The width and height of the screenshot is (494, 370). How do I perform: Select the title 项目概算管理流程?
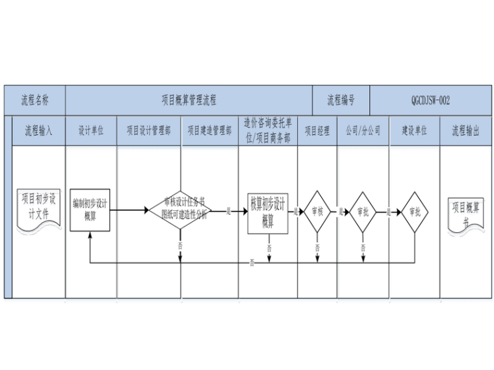pyautogui.click(x=188, y=101)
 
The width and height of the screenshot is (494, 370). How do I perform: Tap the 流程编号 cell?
pyautogui.click(x=341, y=101)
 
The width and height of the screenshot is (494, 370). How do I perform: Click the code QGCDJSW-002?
pyautogui.click(x=430, y=101)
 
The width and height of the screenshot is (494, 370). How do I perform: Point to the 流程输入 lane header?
pyautogui.click(x=38, y=130)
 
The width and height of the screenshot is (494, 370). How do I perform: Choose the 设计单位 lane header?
pyautogui.click(x=91, y=130)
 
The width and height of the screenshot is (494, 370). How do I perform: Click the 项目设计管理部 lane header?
pyautogui.click(x=149, y=130)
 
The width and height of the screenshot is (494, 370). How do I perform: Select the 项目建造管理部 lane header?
pyautogui.click(x=209, y=130)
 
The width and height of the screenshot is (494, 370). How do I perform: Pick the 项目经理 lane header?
pyautogui.click(x=317, y=130)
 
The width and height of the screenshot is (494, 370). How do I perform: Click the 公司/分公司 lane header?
pyautogui.click(x=363, y=130)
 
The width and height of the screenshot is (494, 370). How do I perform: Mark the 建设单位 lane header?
pyautogui.click(x=414, y=130)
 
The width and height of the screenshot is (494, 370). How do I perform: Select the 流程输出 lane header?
pyautogui.click(x=465, y=130)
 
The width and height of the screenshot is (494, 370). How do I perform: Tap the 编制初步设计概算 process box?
pyautogui.click(x=90, y=210)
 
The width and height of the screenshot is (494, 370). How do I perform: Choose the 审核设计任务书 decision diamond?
pyautogui.click(x=180, y=210)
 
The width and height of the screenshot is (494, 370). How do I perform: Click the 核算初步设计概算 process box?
pyautogui.click(x=267, y=210)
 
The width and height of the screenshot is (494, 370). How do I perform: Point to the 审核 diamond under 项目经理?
pyautogui.click(x=317, y=211)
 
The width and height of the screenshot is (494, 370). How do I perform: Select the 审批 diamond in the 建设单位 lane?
pyautogui.click(x=415, y=211)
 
